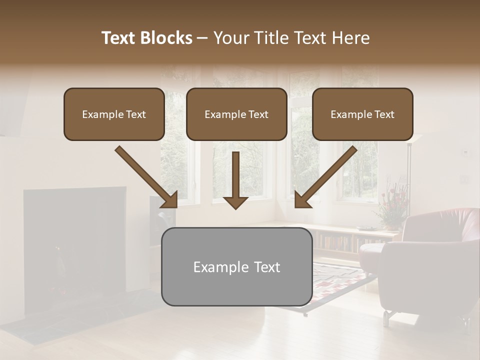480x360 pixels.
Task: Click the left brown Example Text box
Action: pos(114,114)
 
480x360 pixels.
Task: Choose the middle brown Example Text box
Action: pos(236,114)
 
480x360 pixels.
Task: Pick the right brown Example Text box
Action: pos(362,114)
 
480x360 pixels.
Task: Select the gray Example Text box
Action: pos(236,267)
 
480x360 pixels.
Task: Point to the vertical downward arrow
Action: pos(235,180)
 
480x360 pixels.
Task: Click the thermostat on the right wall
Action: pos(465,151)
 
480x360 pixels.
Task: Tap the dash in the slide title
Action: pos(202,38)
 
